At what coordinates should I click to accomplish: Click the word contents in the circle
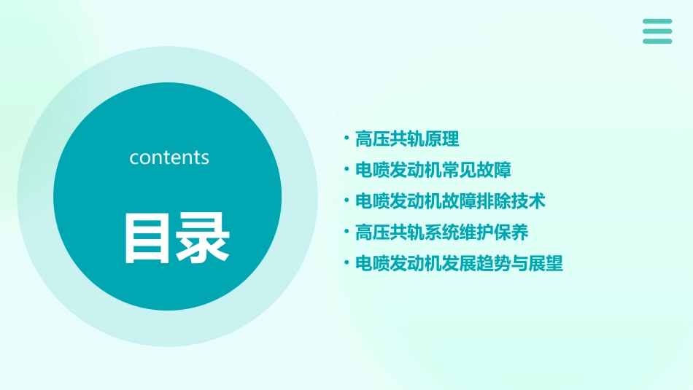169,157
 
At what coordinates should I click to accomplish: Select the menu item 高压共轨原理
407,139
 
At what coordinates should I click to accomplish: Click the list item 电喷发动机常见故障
433,170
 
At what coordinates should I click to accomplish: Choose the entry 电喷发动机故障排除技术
450,201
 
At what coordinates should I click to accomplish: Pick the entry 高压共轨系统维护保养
441,233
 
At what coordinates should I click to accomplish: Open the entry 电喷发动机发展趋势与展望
459,264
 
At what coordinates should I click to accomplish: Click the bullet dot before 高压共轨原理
346,139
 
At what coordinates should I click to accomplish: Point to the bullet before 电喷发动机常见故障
346,170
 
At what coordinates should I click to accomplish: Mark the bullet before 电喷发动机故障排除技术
346,201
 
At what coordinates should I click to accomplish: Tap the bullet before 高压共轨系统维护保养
346,233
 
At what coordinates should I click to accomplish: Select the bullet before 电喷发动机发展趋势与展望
346,264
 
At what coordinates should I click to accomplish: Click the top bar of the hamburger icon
657,22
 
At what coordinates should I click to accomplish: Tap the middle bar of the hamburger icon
657,31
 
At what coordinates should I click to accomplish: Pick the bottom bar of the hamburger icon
657,41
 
